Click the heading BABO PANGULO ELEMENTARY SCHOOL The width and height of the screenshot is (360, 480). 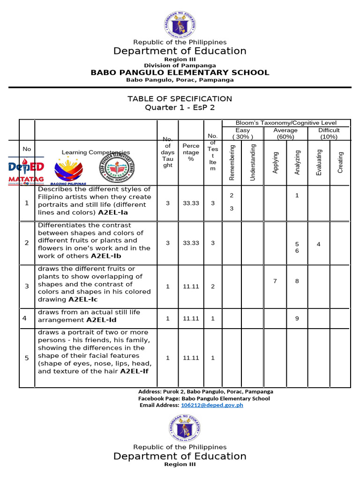pyautogui.click(x=180, y=72)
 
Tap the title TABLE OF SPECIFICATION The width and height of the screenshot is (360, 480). pyautogui.click(x=180, y=98)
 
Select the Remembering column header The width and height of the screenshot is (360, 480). pyautogui.click(x=232, y=162)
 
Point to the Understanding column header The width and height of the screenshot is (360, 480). pyautogui.click(x=253, y=162)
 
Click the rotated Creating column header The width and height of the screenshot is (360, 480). pyautogui.click(x=340, y=162)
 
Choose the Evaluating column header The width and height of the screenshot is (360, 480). pyautogui.click(x=319, y=162)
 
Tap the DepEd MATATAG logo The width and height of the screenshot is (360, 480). pyautogui.click(x=26, y=172)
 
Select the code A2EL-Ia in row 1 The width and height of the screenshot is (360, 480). pyautogui.click(x=113, y=212)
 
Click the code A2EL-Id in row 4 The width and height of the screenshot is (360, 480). pyautogui.click(x=101, y=320)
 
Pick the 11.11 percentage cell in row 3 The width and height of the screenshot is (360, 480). pyautogui.click(x=191, y=286)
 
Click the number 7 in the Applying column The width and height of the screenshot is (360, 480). pyautogui.click(x=275, y=281)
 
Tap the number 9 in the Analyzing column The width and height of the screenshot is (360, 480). pyautogui.click(x=297, y=319)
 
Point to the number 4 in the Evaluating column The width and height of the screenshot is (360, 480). pyautogui.click(x=319, y=244)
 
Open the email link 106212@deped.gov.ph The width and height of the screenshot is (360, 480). pyautogui.click(x=212, y=405)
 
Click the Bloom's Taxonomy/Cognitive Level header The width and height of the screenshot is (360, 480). pyautogui.click(x=286, y=123)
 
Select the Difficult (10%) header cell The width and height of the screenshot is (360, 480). pyautogui.click(x=329, y=133)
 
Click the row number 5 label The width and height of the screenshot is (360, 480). pyautogui.click(x=27, y=358)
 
